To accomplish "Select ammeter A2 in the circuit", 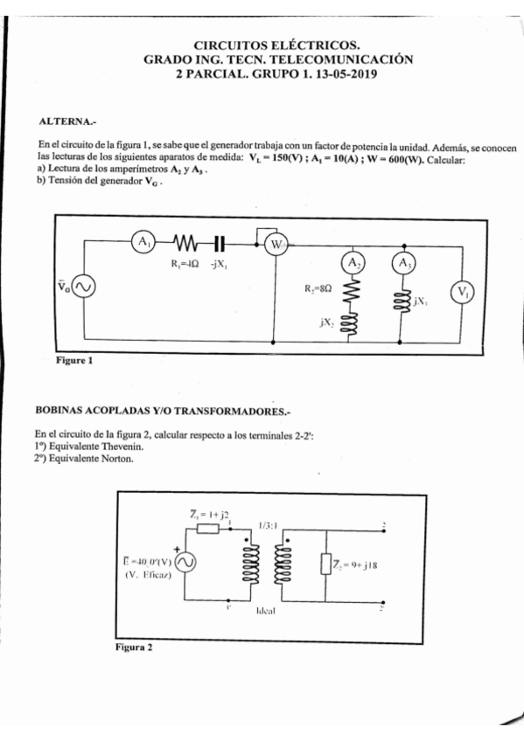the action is (352, 263).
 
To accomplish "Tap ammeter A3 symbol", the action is (402, 263).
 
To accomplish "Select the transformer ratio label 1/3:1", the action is (267, 526).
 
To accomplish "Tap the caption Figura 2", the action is (134, 648).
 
